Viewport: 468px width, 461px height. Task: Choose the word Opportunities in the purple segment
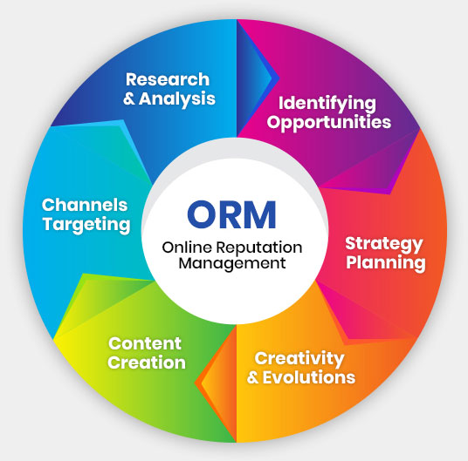tap(328, 122)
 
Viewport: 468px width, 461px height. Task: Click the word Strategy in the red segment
tap(383, 242)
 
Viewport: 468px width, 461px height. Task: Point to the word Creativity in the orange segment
tap(300, 358)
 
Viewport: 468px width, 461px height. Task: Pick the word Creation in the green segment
tap(147, 363)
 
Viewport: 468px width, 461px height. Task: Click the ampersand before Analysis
tap(130, 98)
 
